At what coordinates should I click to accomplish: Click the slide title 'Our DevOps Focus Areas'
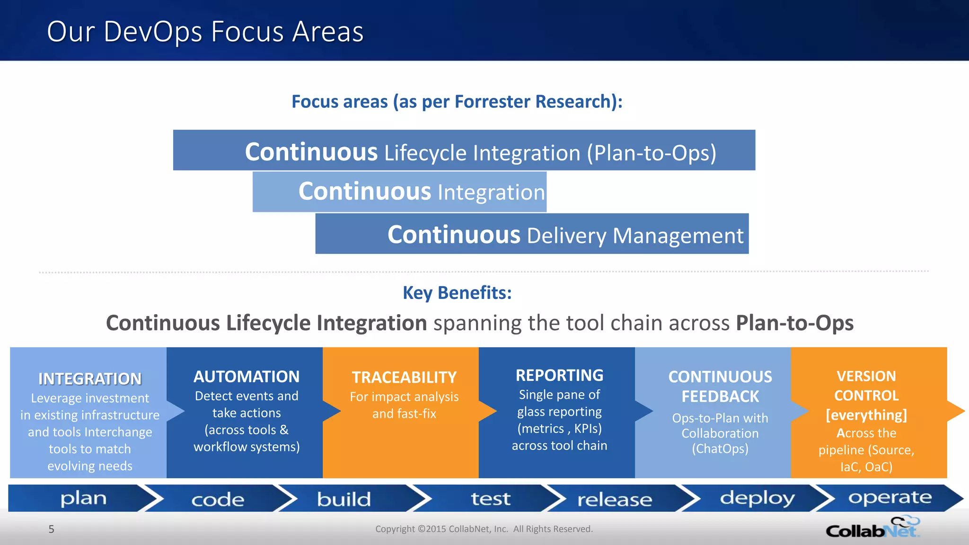[205, 32]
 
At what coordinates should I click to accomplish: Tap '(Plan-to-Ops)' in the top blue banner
[652, 153]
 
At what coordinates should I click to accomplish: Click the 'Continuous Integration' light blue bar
[399, 192]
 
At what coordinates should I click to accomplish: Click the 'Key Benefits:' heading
[457, 293]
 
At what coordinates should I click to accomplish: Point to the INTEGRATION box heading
[90, 379]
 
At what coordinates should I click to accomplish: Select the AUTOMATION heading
[247, 377]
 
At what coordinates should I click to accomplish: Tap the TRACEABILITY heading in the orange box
[404, 378]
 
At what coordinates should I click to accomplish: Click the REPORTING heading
[559, 375]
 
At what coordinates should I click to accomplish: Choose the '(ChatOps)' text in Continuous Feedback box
[720, 448]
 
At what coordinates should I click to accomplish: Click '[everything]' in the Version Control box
[866, 415]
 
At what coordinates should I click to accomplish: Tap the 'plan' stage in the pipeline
[83, 498]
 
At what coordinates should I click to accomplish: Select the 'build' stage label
[344, 499]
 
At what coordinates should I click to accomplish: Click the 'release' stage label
[614, 500]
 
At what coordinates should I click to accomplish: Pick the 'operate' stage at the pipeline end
[890, 497]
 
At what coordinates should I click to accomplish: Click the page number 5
[52, 529]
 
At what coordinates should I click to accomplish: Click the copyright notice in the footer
[484, 529]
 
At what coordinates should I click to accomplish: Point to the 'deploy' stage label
[757, 498]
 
